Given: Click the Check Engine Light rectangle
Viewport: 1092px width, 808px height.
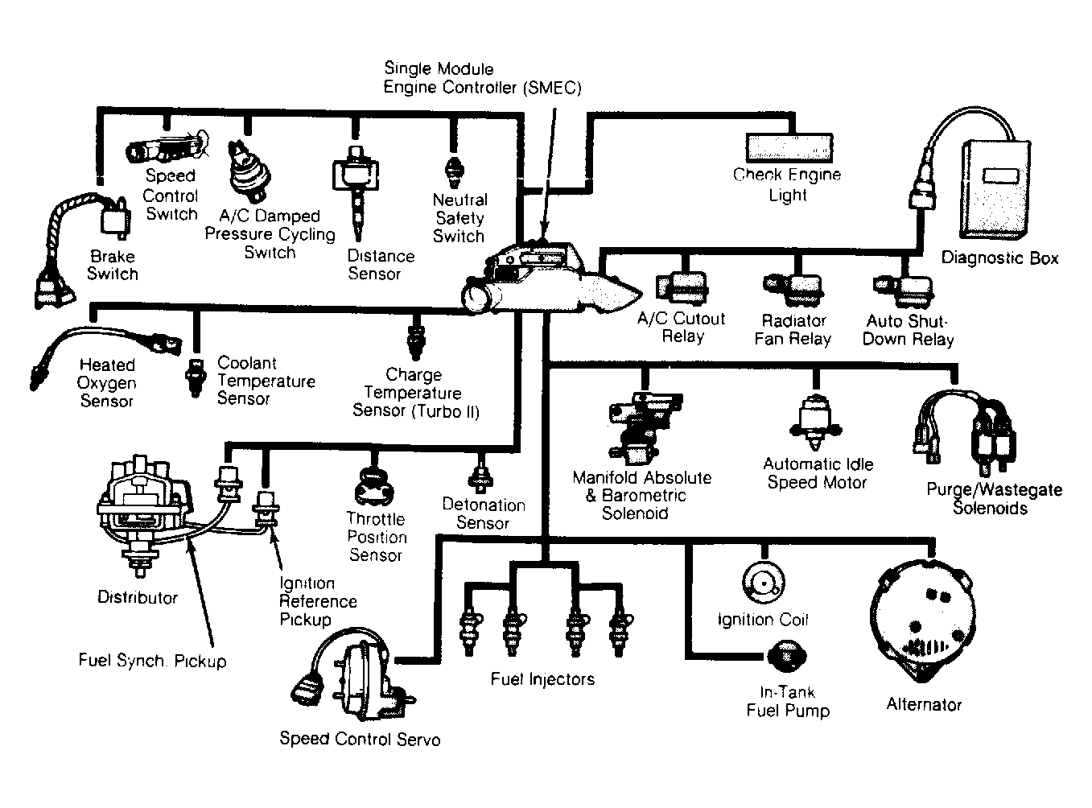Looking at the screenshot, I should [x=790, y=146].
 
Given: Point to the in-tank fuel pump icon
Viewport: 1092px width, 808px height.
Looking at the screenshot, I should [x=785, y=655].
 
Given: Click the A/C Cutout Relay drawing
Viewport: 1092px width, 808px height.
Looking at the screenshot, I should [x=682, y=288].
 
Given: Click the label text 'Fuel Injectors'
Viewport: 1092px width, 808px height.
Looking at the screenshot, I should [x=542, y=680].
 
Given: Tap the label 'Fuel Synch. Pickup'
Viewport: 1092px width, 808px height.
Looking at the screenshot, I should [x=152, y=662].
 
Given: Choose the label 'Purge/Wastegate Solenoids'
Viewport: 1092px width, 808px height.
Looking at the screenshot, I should [x=994, y=499].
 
